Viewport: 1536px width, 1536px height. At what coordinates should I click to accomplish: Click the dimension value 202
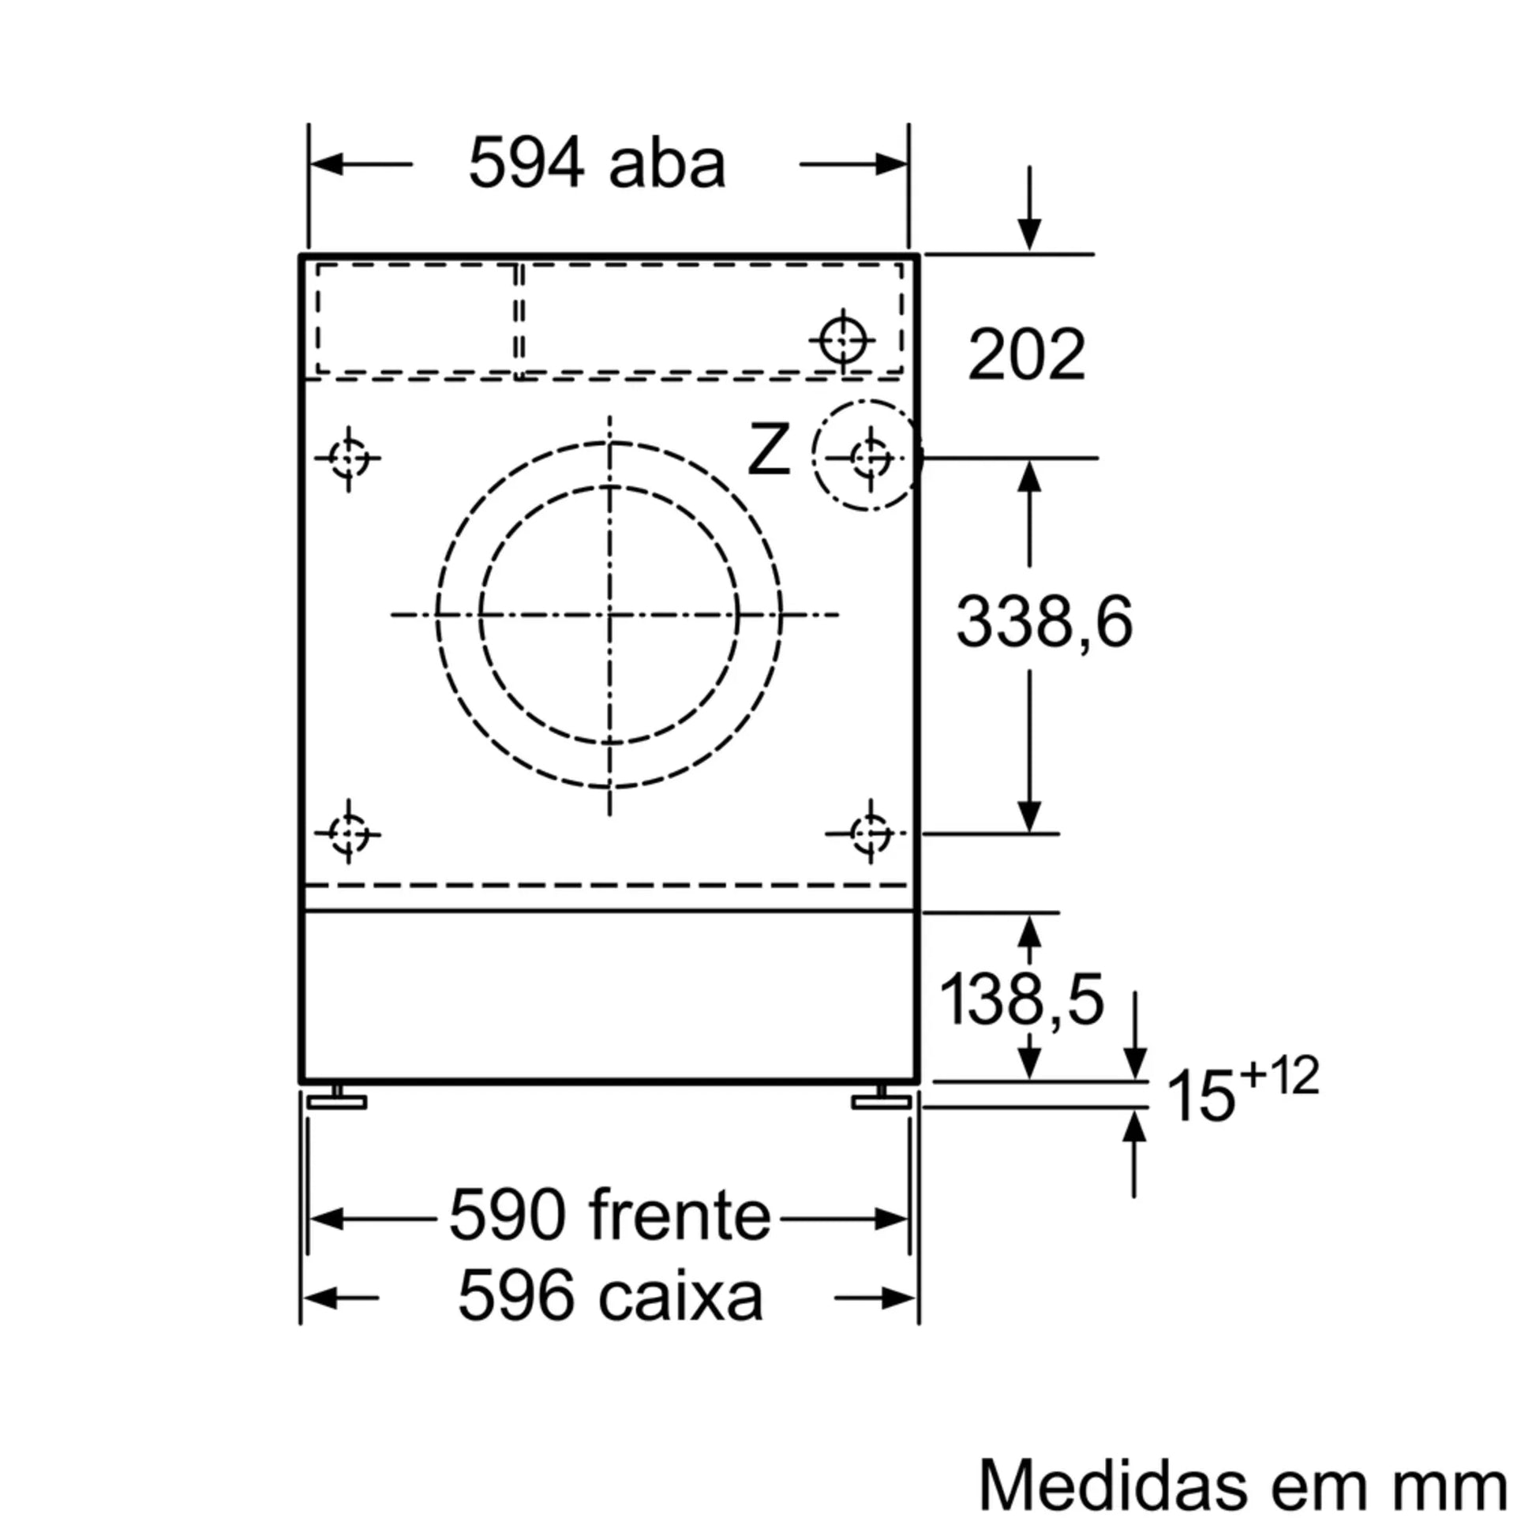pyautogui.click(x=1025, y=354)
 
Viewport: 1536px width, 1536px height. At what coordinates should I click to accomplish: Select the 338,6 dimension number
pyautogui.click(x=1044, y=621)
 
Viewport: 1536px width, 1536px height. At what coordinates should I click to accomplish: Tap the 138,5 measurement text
pyautogui.click(x=1021, y=999)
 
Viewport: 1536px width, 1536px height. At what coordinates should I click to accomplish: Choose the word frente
pyautogui.click(x=680, y=1216)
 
